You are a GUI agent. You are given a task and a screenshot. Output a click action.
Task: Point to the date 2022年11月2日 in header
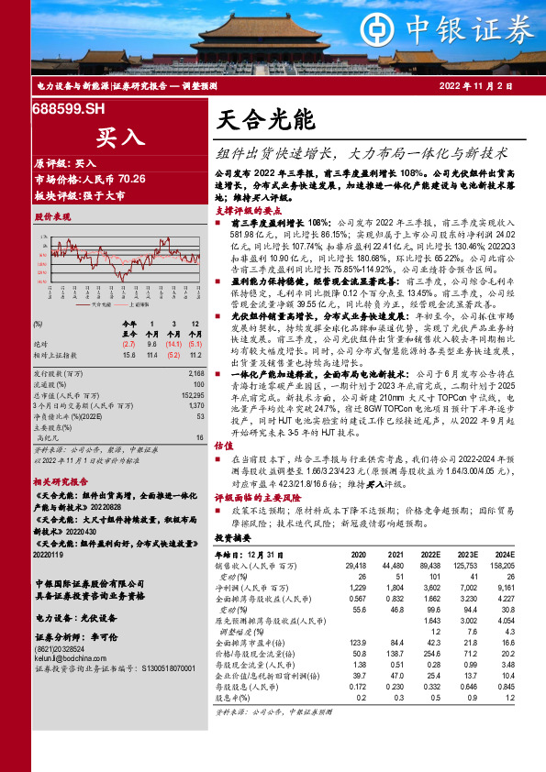pyautogui.click(x=495, y=85)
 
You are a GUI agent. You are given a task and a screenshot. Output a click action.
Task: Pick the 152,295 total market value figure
pyautogui.click(x=190, y=393)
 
